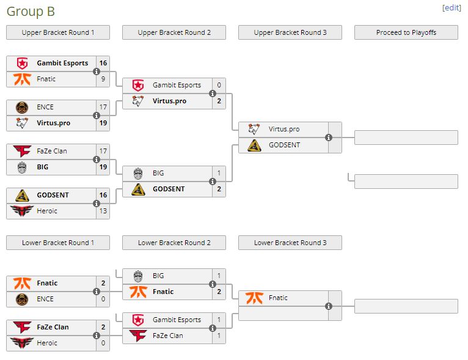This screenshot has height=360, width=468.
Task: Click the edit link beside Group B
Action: [452, 8]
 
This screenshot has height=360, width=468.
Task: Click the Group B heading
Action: [30, 11]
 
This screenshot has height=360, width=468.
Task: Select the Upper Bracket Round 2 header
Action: [174, 32]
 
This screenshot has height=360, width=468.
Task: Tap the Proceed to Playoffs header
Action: [406, 32]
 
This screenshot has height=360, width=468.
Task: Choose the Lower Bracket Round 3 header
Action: [290, 243]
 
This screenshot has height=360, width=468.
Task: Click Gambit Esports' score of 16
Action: [103, 63]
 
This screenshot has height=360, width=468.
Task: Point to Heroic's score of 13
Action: [103, 211]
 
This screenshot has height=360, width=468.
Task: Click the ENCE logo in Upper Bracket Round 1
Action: [22, 107]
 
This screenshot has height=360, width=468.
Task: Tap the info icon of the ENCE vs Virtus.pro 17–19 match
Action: [97, 115]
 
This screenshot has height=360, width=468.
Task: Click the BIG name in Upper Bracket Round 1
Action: [43, 167]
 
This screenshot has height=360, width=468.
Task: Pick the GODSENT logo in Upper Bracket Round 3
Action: [255, 145]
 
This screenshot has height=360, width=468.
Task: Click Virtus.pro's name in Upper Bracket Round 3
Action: [284, 129]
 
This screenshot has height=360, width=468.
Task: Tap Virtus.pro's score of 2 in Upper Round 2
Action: [219, 101]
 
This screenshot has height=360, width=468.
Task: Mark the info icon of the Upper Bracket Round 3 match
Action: [329, 138]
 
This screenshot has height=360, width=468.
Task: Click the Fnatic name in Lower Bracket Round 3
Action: [278, 298]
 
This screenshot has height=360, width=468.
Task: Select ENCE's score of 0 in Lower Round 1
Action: [103, 299]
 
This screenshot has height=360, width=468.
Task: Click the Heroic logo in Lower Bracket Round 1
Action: [22, 343]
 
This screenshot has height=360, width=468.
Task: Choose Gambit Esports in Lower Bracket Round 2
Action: [177, 320]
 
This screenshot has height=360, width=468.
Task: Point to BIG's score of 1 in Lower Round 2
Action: [219, 276]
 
